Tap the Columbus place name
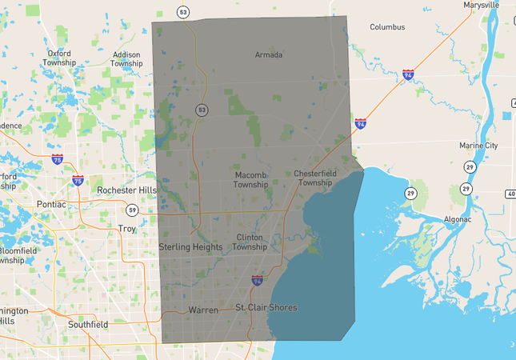387,27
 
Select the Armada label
269,55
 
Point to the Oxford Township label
59,58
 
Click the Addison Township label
126,59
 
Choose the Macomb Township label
250,179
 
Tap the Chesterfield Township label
313,178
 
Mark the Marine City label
479,146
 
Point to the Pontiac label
50,204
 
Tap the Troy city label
127,229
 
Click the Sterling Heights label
190,247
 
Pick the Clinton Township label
250,242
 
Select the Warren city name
202,310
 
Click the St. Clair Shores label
266,308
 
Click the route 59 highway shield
131,210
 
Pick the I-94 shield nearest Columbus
408,75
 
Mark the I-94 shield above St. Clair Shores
257,281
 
